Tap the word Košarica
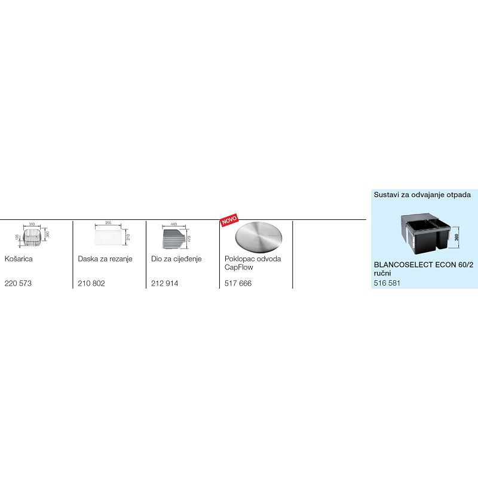[x=19, y=259]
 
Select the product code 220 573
[x=18, y=283]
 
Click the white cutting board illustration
[x=108, y=237]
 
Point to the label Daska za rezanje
[x=105, y=259]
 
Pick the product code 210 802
[x=91, y=283]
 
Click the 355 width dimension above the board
[x=108, y=223]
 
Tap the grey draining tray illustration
[x=174, y=240]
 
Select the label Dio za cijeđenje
[x=177, y=259]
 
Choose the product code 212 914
[x=165, y=283]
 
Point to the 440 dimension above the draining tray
[x=174, y=224]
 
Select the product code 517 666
[x=238, y=283]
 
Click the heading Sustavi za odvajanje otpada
[x=422, y=194]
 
